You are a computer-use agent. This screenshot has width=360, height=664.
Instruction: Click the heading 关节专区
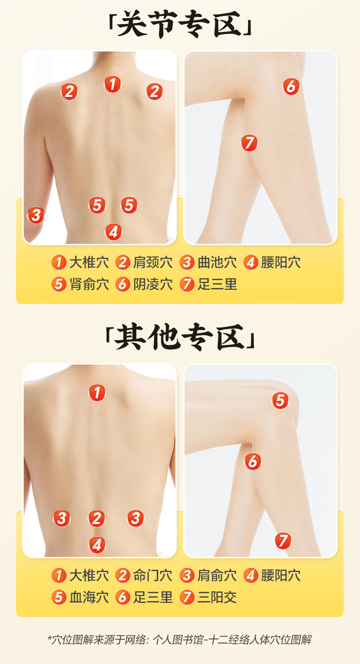180,26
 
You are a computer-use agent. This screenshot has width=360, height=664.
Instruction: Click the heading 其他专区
180,340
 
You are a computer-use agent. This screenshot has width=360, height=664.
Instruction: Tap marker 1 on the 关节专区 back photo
113,84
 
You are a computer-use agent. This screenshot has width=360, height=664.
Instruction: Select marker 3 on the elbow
36,215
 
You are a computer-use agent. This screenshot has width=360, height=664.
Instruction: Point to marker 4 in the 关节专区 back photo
113,232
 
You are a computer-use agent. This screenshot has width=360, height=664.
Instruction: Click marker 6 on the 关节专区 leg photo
291,86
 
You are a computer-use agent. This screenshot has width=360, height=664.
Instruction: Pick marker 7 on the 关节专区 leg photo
249,143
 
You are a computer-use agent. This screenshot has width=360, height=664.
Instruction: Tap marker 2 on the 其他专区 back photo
97,518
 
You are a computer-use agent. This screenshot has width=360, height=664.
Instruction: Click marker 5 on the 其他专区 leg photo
280,401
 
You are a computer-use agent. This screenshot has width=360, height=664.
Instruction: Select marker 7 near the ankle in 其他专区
283,541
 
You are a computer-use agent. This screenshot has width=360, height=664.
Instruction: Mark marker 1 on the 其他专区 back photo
97,393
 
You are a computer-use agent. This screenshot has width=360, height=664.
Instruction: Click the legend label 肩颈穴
153,263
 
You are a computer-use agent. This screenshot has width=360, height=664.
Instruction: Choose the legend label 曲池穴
217,263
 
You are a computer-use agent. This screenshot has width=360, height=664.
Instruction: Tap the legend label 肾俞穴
89,284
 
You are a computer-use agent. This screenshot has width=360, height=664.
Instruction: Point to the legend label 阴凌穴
153,284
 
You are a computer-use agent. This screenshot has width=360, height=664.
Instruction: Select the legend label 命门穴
153,576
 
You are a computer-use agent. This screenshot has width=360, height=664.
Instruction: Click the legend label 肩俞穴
217,576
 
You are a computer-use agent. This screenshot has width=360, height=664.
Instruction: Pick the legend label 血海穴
89,597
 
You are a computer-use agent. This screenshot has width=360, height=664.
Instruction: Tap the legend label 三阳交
217,597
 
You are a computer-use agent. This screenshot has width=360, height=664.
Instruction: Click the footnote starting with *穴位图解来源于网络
180,640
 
